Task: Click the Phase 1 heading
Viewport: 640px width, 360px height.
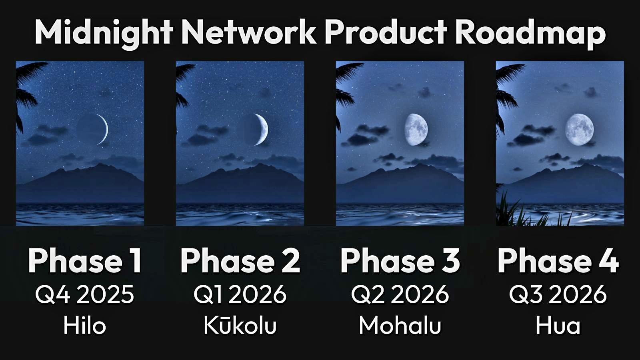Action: (x=85, y=261)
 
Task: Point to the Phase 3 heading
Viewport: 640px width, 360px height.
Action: (x=400, y=261)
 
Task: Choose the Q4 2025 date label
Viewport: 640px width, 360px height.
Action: (x=84, y=294)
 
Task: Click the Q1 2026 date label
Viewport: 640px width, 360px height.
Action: (x=240, y=294)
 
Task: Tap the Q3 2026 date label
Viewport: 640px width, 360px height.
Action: (x=558, y=294)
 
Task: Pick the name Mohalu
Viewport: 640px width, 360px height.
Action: (x=400, y=326)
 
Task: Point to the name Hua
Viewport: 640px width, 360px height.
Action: (x=558, y=326)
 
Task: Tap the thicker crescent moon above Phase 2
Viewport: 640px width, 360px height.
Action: (x=263, y=129)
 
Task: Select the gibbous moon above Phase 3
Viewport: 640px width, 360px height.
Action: (x=416, y=129)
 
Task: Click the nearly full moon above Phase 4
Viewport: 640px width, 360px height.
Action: (x=580, y=129)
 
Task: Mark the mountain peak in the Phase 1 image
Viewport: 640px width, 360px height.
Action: (x=100, y=164)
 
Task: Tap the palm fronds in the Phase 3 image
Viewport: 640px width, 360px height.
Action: (x=344, y=94)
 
